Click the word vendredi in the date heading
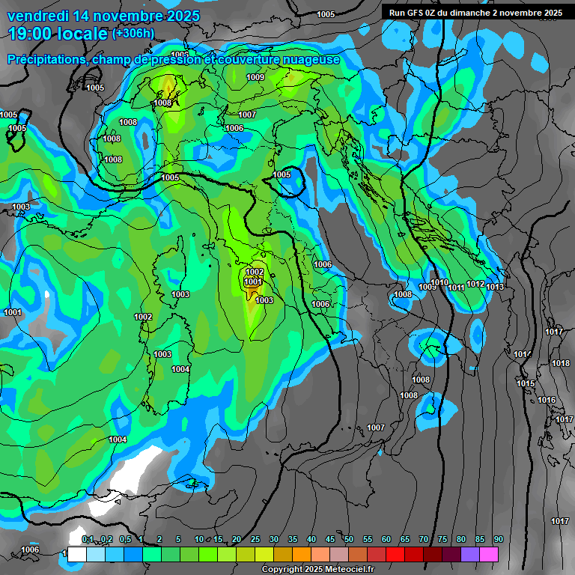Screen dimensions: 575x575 click(39, 16)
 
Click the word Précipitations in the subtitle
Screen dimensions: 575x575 click(46, 59)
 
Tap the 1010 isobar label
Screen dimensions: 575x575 click(439, 283)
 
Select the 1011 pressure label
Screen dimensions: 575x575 click(456, 287)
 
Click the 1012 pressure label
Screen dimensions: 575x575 click(475, 284)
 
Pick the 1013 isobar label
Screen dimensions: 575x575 click(495, 287)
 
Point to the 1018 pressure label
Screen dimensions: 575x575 click(560, 363)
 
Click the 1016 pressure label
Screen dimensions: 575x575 click(547, 401)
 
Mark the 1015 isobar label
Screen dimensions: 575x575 click(526, 383)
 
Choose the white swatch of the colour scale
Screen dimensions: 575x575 click(76, 554)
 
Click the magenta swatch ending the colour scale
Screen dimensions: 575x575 click(489, 554)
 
